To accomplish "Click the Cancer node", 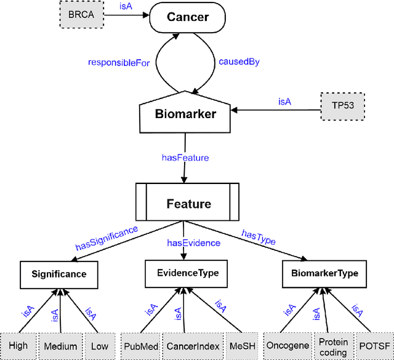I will click(188, 17).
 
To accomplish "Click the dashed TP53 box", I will click(343, 105).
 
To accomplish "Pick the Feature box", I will click(187, 204).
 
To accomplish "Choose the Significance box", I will click(59, 274).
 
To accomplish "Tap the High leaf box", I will click(18, 346).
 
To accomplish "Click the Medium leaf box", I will click(60, 346).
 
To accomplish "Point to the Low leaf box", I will click(99, 346).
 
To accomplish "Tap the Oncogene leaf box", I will click(287, 346).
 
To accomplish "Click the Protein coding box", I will click(333, 346).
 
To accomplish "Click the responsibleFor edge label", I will click(119, 62).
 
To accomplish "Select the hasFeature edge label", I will click(185, 158).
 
